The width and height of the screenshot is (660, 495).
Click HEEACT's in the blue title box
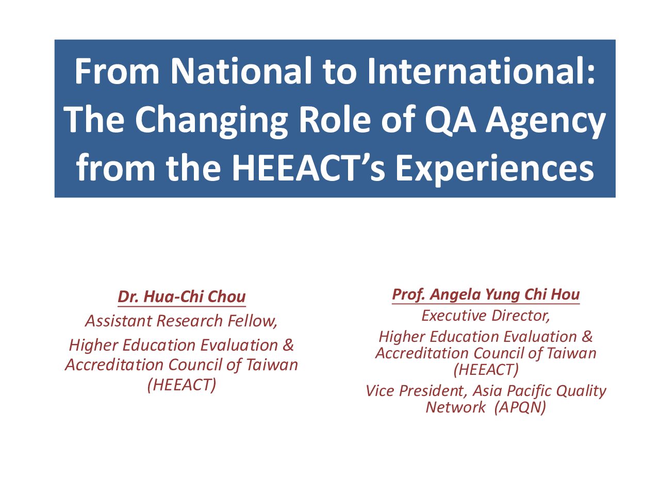[x=308, y=168]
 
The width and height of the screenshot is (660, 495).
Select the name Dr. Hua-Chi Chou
[x=181, y=296]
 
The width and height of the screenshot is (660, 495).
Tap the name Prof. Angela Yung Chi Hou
[x=486, y=294]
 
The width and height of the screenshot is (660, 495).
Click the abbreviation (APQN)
[x=520, y=407]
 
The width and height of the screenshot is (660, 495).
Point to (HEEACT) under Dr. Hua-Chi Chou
[x=181, y=385]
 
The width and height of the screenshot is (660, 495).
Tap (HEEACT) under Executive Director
[x=486, y=370]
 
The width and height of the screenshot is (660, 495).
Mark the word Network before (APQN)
[x=455, y=407]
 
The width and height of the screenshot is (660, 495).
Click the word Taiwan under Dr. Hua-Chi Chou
[x=272, y=365]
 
